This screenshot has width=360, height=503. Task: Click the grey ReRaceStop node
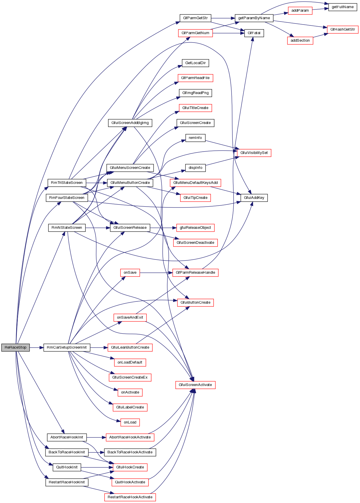(x=15, y=348)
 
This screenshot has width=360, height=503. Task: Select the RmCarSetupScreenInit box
(x=67, y=348)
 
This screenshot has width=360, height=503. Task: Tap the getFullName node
(x=343, y=7)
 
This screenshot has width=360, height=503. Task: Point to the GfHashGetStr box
(x=343, y=30)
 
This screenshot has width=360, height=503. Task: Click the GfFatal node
(x=254, y=33)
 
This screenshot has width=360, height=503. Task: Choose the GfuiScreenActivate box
(x=195, y=385)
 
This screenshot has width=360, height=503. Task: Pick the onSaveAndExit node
(x=130, y=318)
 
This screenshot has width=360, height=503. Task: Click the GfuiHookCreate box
(x=130, y=467)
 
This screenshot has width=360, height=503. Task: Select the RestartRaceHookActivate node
(x=130, y=497)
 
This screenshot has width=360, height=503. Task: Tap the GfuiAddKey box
(x=254, y=198)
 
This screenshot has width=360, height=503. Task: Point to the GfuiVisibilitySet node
(x=254, y=153)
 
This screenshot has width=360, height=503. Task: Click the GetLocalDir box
(x=195, y=63)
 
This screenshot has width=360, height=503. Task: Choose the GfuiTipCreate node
(x=195, y=198)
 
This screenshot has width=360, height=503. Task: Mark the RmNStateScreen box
(x=67, y=228)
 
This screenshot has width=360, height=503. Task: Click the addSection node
(x=300, y=40)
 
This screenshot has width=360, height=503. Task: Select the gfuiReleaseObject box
(x=195, y=228)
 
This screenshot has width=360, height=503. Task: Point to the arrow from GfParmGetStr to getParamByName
(x=223, y=18)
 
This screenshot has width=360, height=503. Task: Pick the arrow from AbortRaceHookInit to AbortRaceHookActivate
(x=96, y=437)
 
